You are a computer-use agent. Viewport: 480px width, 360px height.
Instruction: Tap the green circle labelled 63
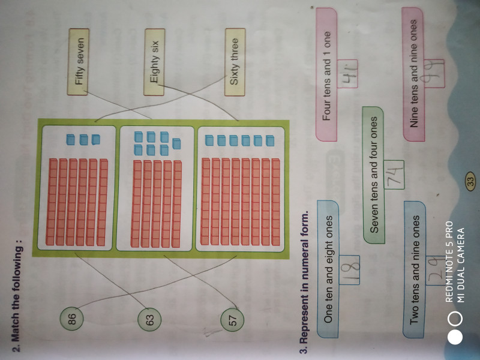pyautogui.click(x=151, y=319)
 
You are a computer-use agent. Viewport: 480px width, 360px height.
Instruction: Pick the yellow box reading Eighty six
pyautogui.click(x=154, y=62)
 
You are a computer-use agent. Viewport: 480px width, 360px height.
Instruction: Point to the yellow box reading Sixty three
pyautogui.click(x=235, y=61)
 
